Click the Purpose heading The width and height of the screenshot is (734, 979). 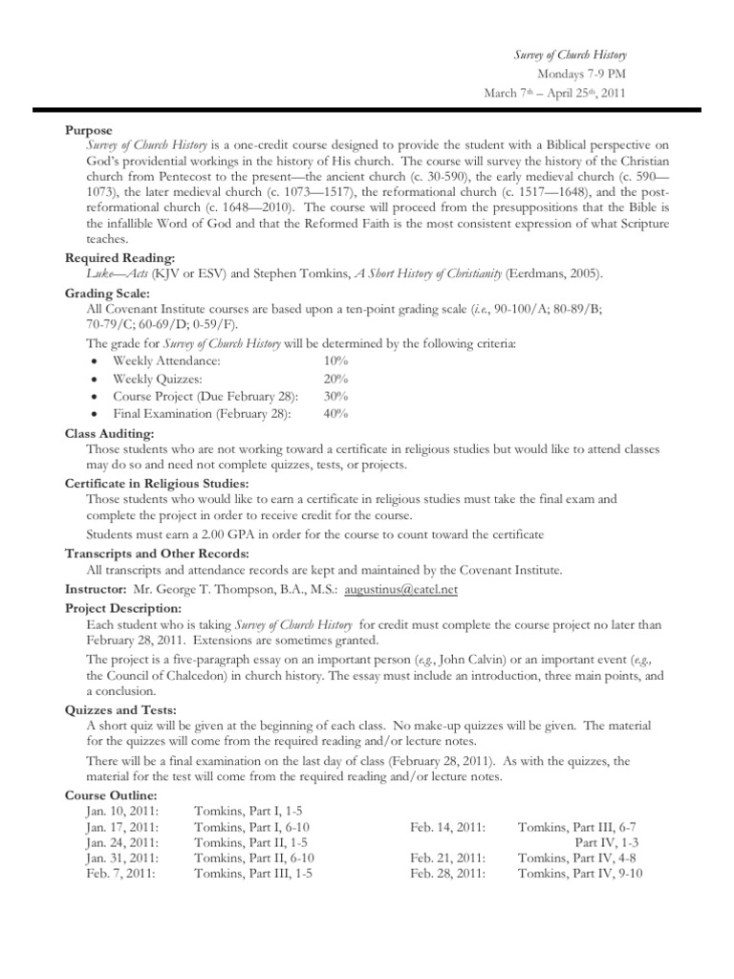click(88, 130)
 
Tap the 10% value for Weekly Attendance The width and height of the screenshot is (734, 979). click(335, 361)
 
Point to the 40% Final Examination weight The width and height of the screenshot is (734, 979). click(335, 413)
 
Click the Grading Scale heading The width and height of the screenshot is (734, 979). click(106, 293)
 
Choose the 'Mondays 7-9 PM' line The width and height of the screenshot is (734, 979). click(581, 73)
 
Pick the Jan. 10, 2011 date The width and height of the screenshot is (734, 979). click(121, 811)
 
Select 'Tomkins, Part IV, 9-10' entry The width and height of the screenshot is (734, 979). click(580, 873)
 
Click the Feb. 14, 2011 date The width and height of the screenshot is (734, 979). click(447, 826)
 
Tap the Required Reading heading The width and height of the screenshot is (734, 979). click(119, 258)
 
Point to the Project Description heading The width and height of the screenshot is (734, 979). click(121, 608)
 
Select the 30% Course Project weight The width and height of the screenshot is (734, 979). click(335, 396)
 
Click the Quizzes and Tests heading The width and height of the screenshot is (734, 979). click(119, 709)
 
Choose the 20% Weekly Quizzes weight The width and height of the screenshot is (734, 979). click(335, 379)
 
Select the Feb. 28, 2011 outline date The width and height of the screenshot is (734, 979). click(447, 873)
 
